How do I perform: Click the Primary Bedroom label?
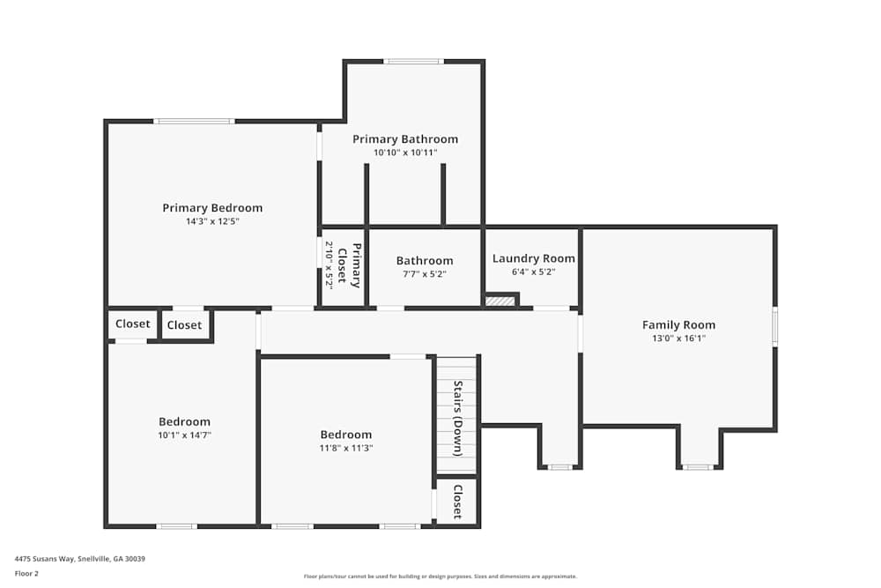pyautogui.click(x=212, y=208)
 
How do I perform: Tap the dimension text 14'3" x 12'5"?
pyautogui.click(x=212, y=221)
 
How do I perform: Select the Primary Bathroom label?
pyautogui.click(x=405, y=139)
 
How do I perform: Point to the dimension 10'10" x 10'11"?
pyautogui.click(x=405, y=153)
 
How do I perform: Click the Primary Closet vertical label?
pyautogui.click(x=351, y=265)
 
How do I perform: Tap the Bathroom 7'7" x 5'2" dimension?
pyautogui.click(x=425, y=274)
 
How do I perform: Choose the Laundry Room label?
pyautogui.click(x=533, y=258)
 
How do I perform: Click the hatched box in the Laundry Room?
pyautogui.click(x=500, y=301)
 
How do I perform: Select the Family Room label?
pyautogui.click(x=678, y=324)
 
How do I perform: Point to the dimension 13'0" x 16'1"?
pyautogui.click(x=678, y=338)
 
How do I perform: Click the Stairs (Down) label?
pyautogui.click(x=458, y=418)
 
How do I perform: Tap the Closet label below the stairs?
pyautogui.click(x=458, y=502)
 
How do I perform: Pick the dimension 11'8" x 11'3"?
pyautogui.click(x=345, y=448)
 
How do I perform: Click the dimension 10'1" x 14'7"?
pyautogui.click(x=184, y=435)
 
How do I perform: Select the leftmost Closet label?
pyautogui.click(x=133, y=324)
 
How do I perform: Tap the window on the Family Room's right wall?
pyautogui.click(x=775, y=325)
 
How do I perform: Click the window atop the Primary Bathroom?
pyautogui.click(x=413, y=62)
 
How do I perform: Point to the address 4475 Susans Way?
pyautogui.click(x=79, y=558)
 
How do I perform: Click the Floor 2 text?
pyautogui.click(x=27, y=573)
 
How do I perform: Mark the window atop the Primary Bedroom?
pyautogui.click(x=194, y=121)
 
